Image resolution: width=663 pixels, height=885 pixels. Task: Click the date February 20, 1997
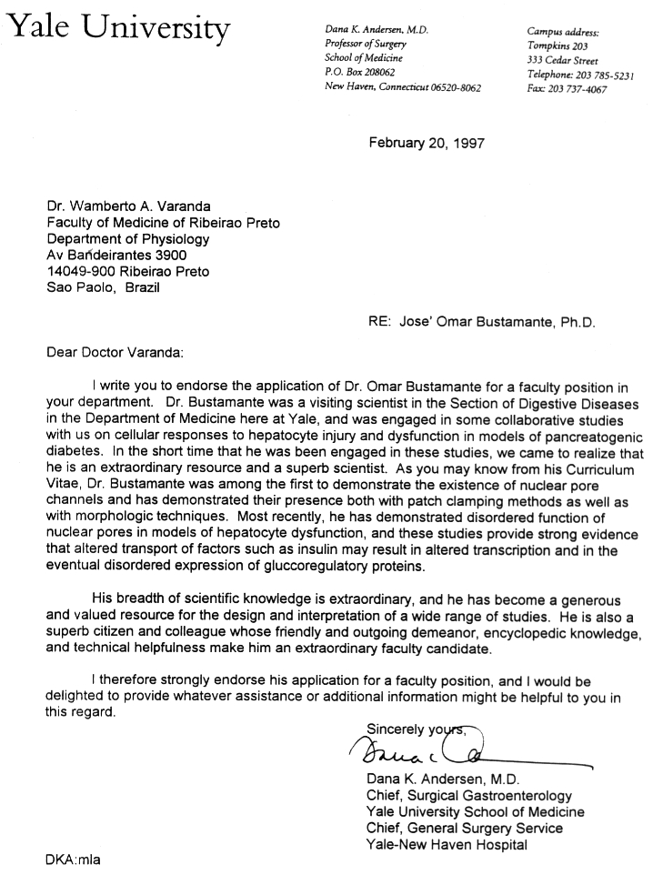(427, 143)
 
